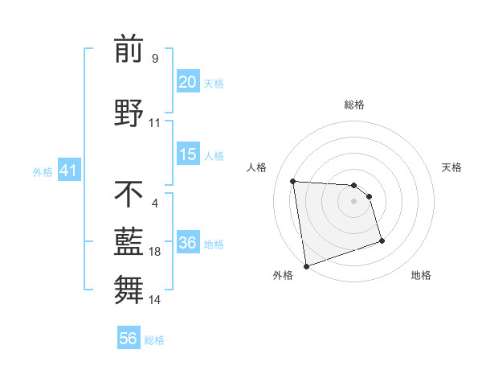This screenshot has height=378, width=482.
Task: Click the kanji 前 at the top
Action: [129, 51]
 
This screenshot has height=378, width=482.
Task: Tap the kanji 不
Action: [129, 194]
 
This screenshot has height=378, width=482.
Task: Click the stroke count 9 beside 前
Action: [155, 58]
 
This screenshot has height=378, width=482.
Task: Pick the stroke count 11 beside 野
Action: [155, 123]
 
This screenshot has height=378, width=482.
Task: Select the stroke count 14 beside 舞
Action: [155, 300]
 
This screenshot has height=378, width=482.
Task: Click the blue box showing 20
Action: [188, 82]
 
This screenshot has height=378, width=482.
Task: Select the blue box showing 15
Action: [188, 154]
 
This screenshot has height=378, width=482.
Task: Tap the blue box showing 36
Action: [188, 243]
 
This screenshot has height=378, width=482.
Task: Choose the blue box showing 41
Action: [68, 171]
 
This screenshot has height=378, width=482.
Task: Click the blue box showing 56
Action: [129, 339]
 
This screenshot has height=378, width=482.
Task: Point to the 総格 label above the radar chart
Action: [353, 105]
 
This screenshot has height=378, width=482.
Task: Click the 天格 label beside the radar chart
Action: [451, 167]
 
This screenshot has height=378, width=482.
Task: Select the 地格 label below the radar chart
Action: [421, 275]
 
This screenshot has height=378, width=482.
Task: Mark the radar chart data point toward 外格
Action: [305, 265]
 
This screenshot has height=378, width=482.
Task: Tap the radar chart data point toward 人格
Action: [293, 181]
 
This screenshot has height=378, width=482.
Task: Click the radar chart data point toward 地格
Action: [382, 240]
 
